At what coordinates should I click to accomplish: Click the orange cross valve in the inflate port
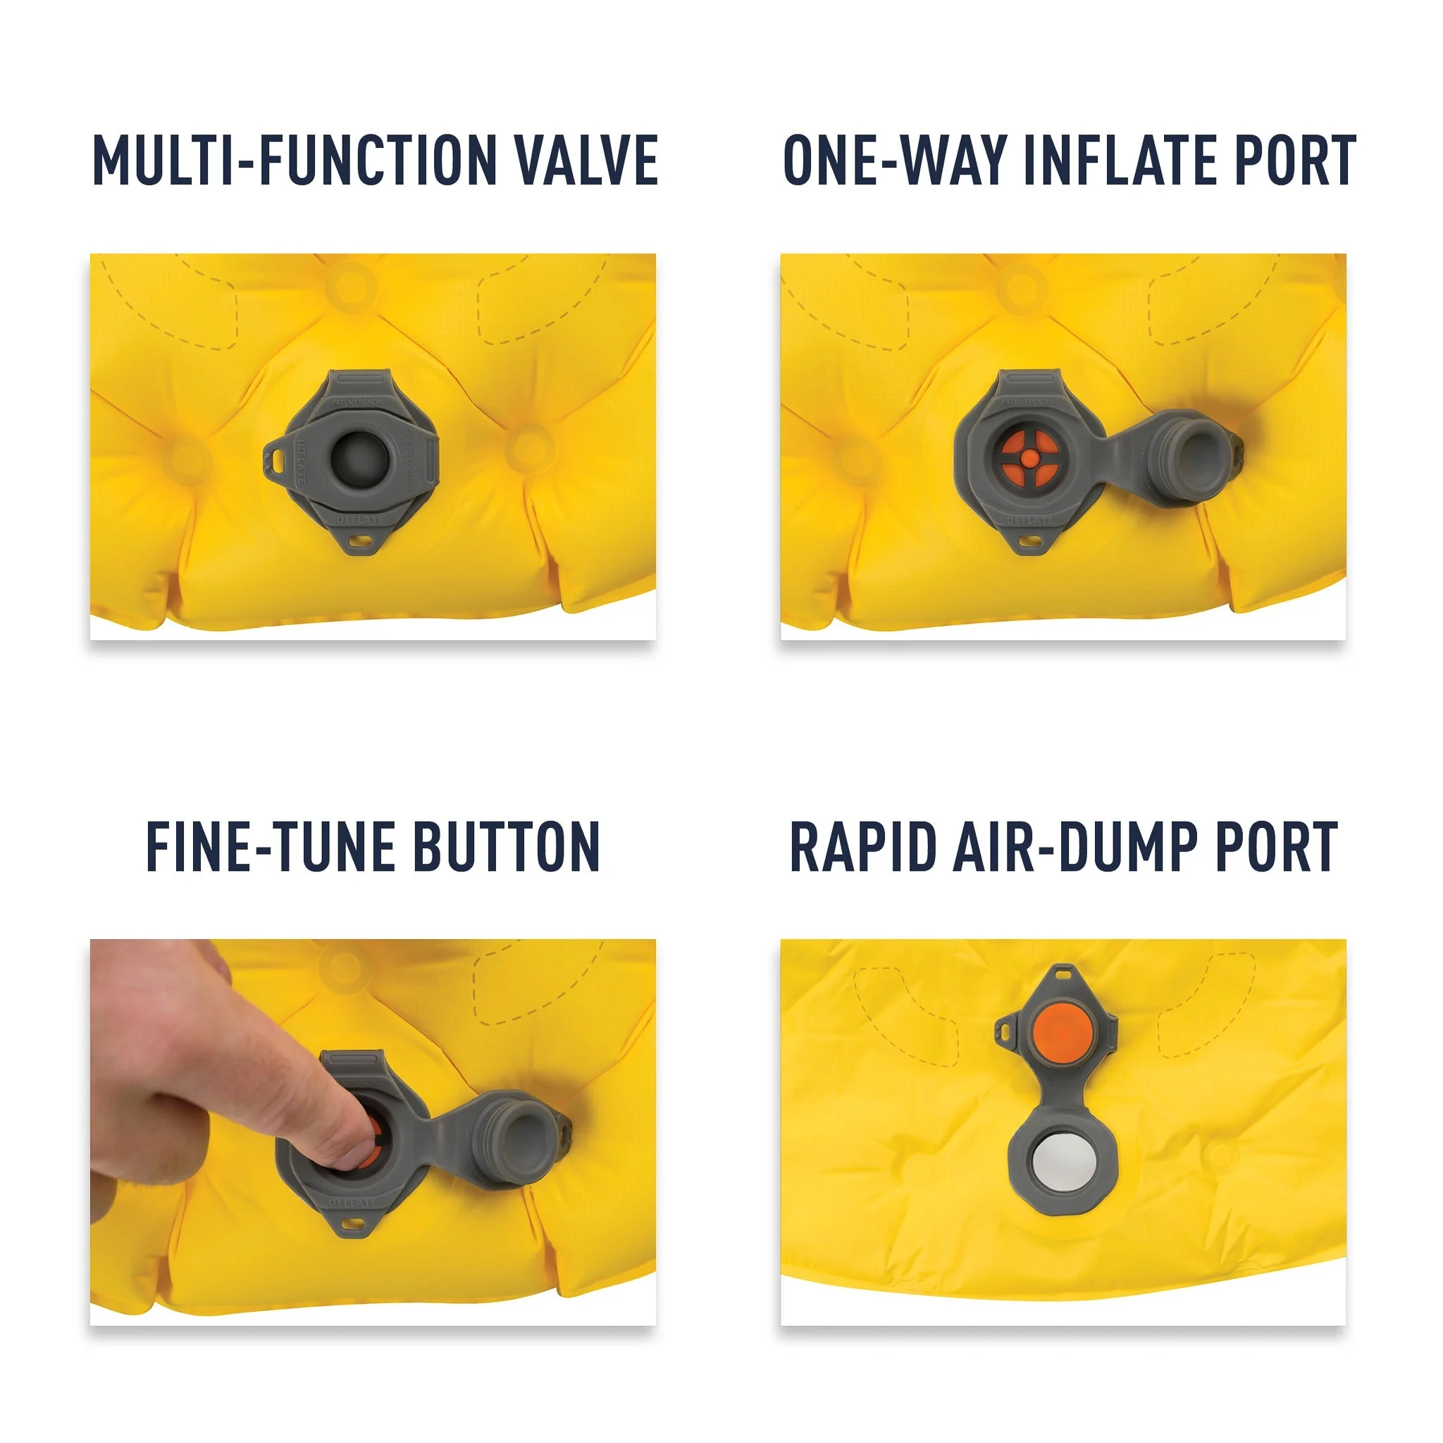coord(1029,459)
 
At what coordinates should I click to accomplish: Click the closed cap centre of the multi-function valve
coord(359,459)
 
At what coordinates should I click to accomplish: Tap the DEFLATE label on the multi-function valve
coord(360,519)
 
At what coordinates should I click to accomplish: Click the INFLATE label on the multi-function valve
coord(300,462)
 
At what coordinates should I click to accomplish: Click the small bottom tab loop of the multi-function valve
coord(362,539)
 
